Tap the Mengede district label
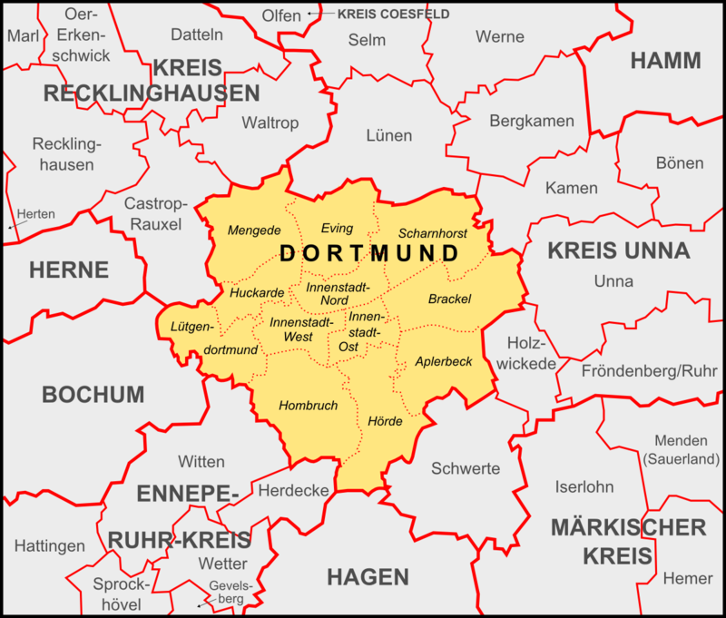[254, 230]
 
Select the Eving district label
[337, 228]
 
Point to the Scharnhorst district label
[432, 232]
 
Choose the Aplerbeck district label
[443, 361]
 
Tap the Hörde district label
[385, 420]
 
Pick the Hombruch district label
[308, 405]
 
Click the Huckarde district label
[257, 293]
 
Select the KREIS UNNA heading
[618, 251]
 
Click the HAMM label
[665, 61]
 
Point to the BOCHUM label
[93, 395]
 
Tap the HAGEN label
[368, 576]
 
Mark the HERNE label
[69, 270]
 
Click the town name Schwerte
[465, 468]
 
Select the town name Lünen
[388, 136]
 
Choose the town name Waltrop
[270, 123]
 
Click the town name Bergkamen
[532, 120]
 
